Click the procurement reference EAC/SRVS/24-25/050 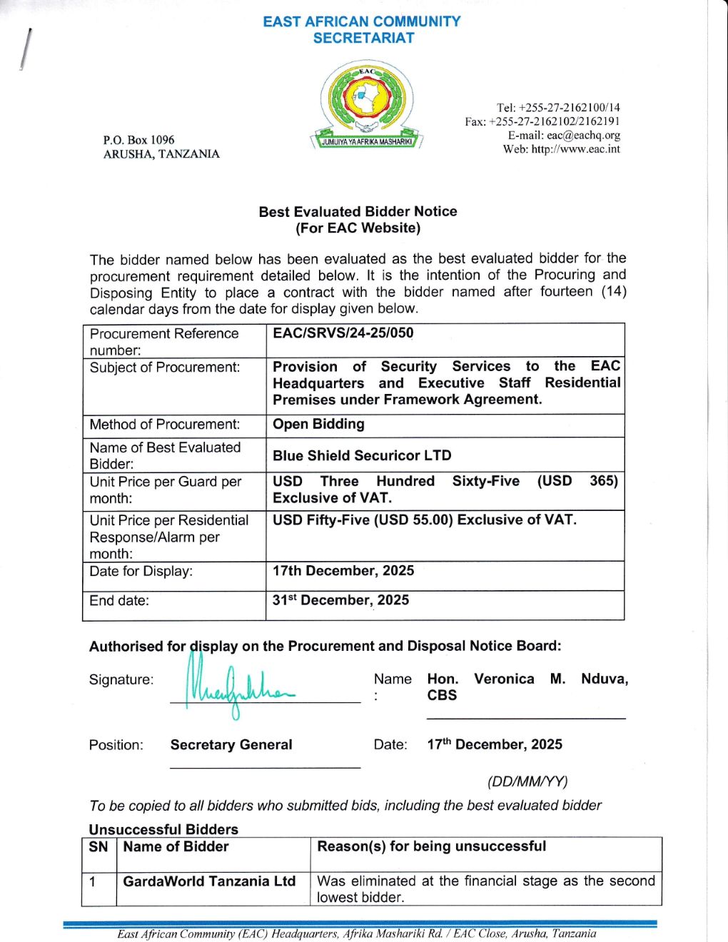coord(343,333)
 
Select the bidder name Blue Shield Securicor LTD coord(362,455)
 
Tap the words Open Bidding coord(318,424)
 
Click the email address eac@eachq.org coord(583,135)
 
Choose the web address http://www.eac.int coord(575,149)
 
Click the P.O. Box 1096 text coord(138,140)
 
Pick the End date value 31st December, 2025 coord(340,600)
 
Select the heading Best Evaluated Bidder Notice coord(358,211)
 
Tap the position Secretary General coord(231,744)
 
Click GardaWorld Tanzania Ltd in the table coord(209,881)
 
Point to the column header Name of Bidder coord(176,846)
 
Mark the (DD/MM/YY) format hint coord(527,781)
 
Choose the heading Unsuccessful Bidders coord(163,829)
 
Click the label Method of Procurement coord(164,424)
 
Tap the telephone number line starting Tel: coord(558,108)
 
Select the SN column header coord(98,846)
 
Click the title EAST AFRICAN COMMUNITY coord(362,21)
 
